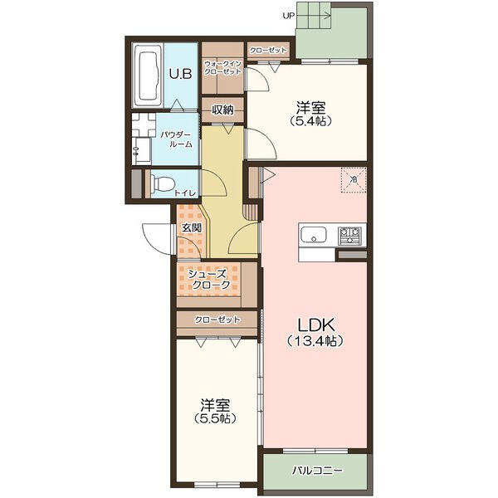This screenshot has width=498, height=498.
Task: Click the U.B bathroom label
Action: click(180, 74)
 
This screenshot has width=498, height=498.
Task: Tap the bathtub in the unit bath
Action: click(148, 76)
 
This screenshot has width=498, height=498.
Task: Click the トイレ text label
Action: click(186, 193)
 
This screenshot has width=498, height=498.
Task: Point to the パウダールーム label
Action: click(176, 139)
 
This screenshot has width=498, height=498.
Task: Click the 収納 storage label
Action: click(222, 110)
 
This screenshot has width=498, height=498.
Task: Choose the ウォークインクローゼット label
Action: click(222, 68)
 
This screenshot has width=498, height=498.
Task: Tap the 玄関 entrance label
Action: click(192, 227)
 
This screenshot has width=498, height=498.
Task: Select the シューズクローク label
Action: click(209, 279)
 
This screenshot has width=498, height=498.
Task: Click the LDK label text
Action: click(315, 325)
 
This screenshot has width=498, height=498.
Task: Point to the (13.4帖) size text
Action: click(315, 341)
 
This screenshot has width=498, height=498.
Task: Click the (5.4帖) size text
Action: click(311, 120)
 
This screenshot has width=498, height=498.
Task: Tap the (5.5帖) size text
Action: click(215, 418)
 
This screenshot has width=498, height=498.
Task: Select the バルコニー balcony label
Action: click(318, 470)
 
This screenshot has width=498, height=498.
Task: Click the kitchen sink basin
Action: click(314, 236)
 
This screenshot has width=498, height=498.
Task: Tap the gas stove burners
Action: click(349, 236)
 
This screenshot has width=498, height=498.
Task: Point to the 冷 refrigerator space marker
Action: click(354, 179)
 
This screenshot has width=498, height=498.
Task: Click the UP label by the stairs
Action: click(289, 16)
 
